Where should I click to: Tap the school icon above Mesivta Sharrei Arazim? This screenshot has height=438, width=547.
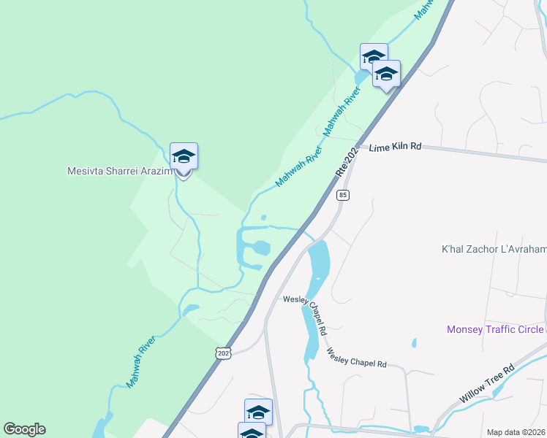184,157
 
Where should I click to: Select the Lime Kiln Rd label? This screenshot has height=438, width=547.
396,147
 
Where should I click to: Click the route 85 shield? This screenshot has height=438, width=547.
344,195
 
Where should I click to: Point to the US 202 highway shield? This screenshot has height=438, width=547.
223,353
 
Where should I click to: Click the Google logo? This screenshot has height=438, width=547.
24,429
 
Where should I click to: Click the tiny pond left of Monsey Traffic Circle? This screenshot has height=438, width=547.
414,342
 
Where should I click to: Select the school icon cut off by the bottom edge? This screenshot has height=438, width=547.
252,431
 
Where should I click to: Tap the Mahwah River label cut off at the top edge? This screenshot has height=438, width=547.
424,9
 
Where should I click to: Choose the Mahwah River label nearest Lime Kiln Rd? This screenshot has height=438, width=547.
342,109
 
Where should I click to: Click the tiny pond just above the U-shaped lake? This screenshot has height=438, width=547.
263,217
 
